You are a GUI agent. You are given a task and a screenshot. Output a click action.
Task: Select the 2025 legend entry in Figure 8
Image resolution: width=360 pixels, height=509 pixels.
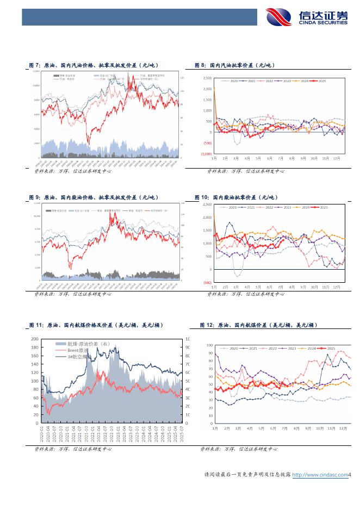click(320, 81)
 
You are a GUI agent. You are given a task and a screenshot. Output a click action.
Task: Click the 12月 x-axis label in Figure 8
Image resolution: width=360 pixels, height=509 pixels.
click(337, 158)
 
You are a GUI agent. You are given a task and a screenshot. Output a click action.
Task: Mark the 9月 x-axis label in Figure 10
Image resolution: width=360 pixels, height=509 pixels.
click(302, 287)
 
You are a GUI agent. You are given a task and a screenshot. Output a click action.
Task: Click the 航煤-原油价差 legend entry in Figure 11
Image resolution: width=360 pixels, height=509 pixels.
click(80, 344)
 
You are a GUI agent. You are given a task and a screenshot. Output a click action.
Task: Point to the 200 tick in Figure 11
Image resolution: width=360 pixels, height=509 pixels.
click(34, 338)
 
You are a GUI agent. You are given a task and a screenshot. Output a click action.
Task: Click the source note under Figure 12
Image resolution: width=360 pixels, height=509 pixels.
click(239, 449)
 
